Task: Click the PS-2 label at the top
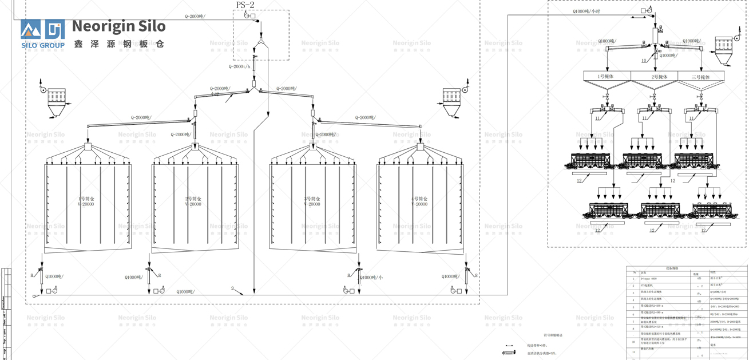[x=245, y=5]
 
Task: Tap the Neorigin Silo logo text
[x=119, y=26]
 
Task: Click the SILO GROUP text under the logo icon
[x=43, y=45]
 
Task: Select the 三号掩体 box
[x=701, y=77]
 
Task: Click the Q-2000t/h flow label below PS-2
[x=239, y=66]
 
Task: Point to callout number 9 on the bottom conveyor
[x=233, y=288]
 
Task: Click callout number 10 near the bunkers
[x=644, y=60]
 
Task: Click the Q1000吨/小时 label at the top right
[x=586, y=11]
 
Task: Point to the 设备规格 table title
[x=671, y=268]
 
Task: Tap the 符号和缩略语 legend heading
[x=553, y=335]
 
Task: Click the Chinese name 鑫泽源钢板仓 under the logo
[x=119, y=43]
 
